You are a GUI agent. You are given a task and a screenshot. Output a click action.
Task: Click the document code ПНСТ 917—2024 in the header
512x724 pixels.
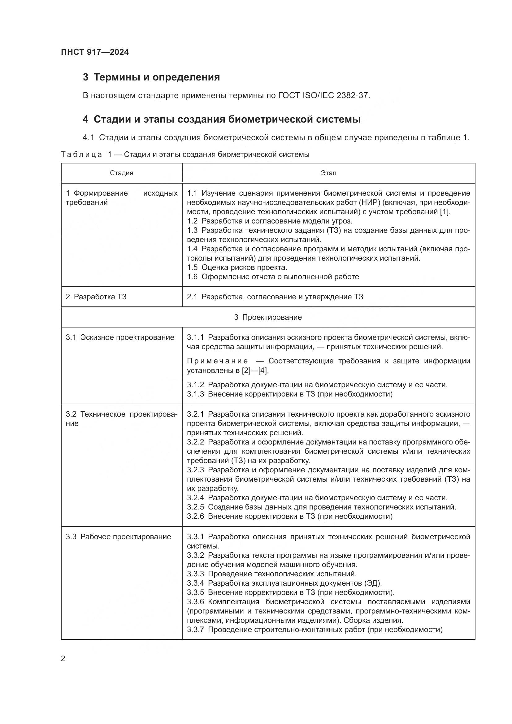click(95, 52)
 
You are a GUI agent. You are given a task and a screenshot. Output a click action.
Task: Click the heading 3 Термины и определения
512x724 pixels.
click(151, 77)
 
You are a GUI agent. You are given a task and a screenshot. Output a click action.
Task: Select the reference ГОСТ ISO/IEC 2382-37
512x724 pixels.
click(323, 96)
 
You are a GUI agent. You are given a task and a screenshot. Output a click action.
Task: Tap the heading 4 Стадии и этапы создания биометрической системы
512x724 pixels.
click(222, 119)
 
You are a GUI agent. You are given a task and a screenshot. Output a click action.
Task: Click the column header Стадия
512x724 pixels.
click(121, 173)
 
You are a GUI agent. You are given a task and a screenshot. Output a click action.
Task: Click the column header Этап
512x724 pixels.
click(328, 173)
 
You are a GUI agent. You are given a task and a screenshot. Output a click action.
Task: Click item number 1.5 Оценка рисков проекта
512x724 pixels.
click(192, 268)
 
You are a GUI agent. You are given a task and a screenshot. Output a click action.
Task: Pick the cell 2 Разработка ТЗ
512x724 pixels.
click(96, 297)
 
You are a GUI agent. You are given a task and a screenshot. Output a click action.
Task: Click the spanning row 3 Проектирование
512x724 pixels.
click(268, 317)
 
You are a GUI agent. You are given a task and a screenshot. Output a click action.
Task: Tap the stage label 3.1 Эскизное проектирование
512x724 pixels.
click(120, 337)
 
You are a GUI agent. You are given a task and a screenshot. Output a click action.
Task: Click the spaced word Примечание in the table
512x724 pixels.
click(218, 361)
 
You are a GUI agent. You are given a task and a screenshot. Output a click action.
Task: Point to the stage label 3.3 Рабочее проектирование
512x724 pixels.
click(118, 537)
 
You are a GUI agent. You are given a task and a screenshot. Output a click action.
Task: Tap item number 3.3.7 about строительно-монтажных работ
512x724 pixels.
click(195, 630)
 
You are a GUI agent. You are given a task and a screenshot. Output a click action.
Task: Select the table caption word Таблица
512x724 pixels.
click(81, 155)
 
